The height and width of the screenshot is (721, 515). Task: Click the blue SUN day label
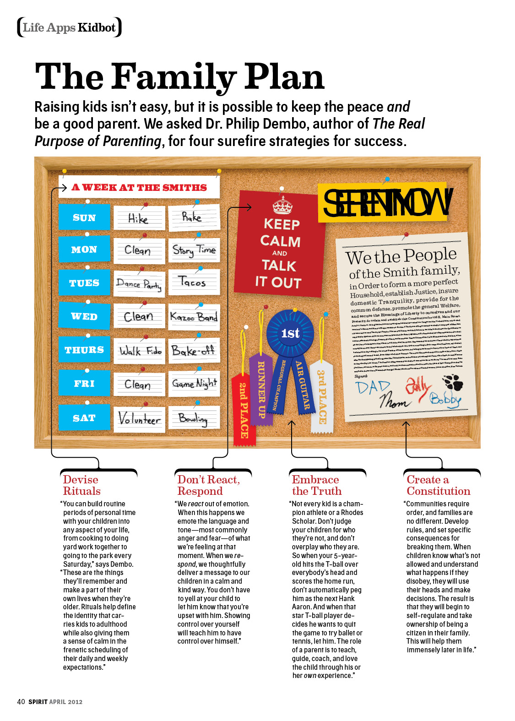(x=84, y=217)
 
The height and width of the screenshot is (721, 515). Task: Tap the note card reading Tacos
(x=194, y=282)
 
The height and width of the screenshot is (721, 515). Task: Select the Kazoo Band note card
(x=194, y=317)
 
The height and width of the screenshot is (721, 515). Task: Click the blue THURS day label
(x=84, y=350)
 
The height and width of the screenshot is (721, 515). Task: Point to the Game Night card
(x=194, y=384)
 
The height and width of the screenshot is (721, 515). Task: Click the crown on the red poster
(x=282, y=206)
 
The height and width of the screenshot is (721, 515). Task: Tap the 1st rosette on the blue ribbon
(x=290, y=333)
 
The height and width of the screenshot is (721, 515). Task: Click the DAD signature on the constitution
(x=373, y=388)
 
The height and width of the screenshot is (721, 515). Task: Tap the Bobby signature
(x=445, y=400)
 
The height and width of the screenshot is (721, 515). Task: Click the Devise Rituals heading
(x=81, y=485)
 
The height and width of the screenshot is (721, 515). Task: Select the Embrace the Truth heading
(x=316, y=485)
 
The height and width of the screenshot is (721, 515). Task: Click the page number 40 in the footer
(x=21, y=701)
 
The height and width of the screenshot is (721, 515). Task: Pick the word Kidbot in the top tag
(x=97, y=27)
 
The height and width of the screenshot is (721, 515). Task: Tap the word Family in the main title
(x=173, y=76)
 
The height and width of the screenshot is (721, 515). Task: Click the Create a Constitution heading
(x=438, y=485)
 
